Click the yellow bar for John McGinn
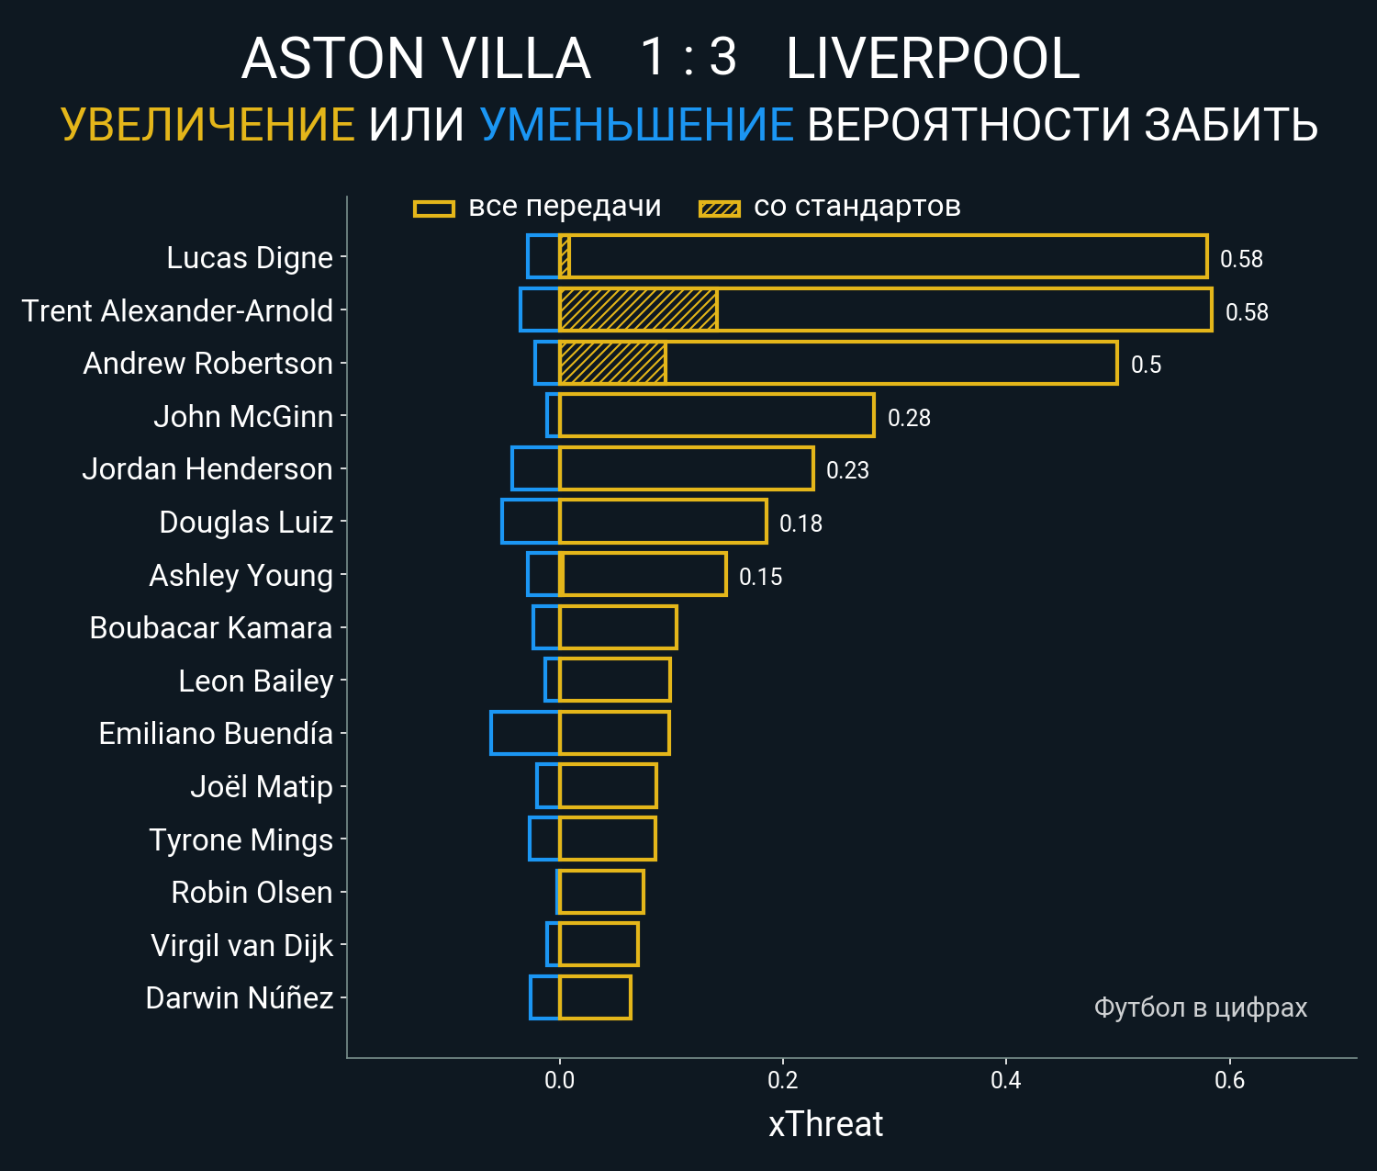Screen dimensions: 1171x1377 (x=716, y=416)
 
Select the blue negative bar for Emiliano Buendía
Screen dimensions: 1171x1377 (x=524, y=733)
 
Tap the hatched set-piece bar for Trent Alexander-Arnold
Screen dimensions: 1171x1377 (x=638, y=310)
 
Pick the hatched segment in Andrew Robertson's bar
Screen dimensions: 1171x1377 (x=612, y=363)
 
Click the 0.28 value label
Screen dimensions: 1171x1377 (x=909, y=418)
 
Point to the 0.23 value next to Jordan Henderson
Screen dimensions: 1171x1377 (x=847, y=470)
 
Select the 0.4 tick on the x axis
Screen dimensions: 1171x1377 (x=1006, y=1080)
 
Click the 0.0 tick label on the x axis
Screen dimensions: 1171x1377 (x=559, y=1080)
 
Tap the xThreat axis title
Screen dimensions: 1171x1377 (x=825, y=1124)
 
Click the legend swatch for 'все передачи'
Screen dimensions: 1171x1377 (x=434, y=208)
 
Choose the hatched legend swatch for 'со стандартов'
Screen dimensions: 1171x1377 (x=720, y=208)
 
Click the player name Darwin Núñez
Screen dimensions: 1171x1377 (x=240, y=998)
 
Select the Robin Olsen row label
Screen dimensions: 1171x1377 (x=252, y=893)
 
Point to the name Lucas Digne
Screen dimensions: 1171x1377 (x=250, y=258)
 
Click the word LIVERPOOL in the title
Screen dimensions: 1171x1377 (x=933, y=60)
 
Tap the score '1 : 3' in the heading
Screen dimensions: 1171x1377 (x=688, y=57)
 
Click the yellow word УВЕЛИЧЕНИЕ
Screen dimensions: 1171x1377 (x=207, y=125)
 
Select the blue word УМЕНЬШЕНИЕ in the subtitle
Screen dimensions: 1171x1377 (x=636, y=125)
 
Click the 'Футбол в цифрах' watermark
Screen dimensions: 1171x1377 (x=1200, y=1008)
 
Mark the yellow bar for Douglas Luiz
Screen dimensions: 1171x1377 (x=663, y=522)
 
